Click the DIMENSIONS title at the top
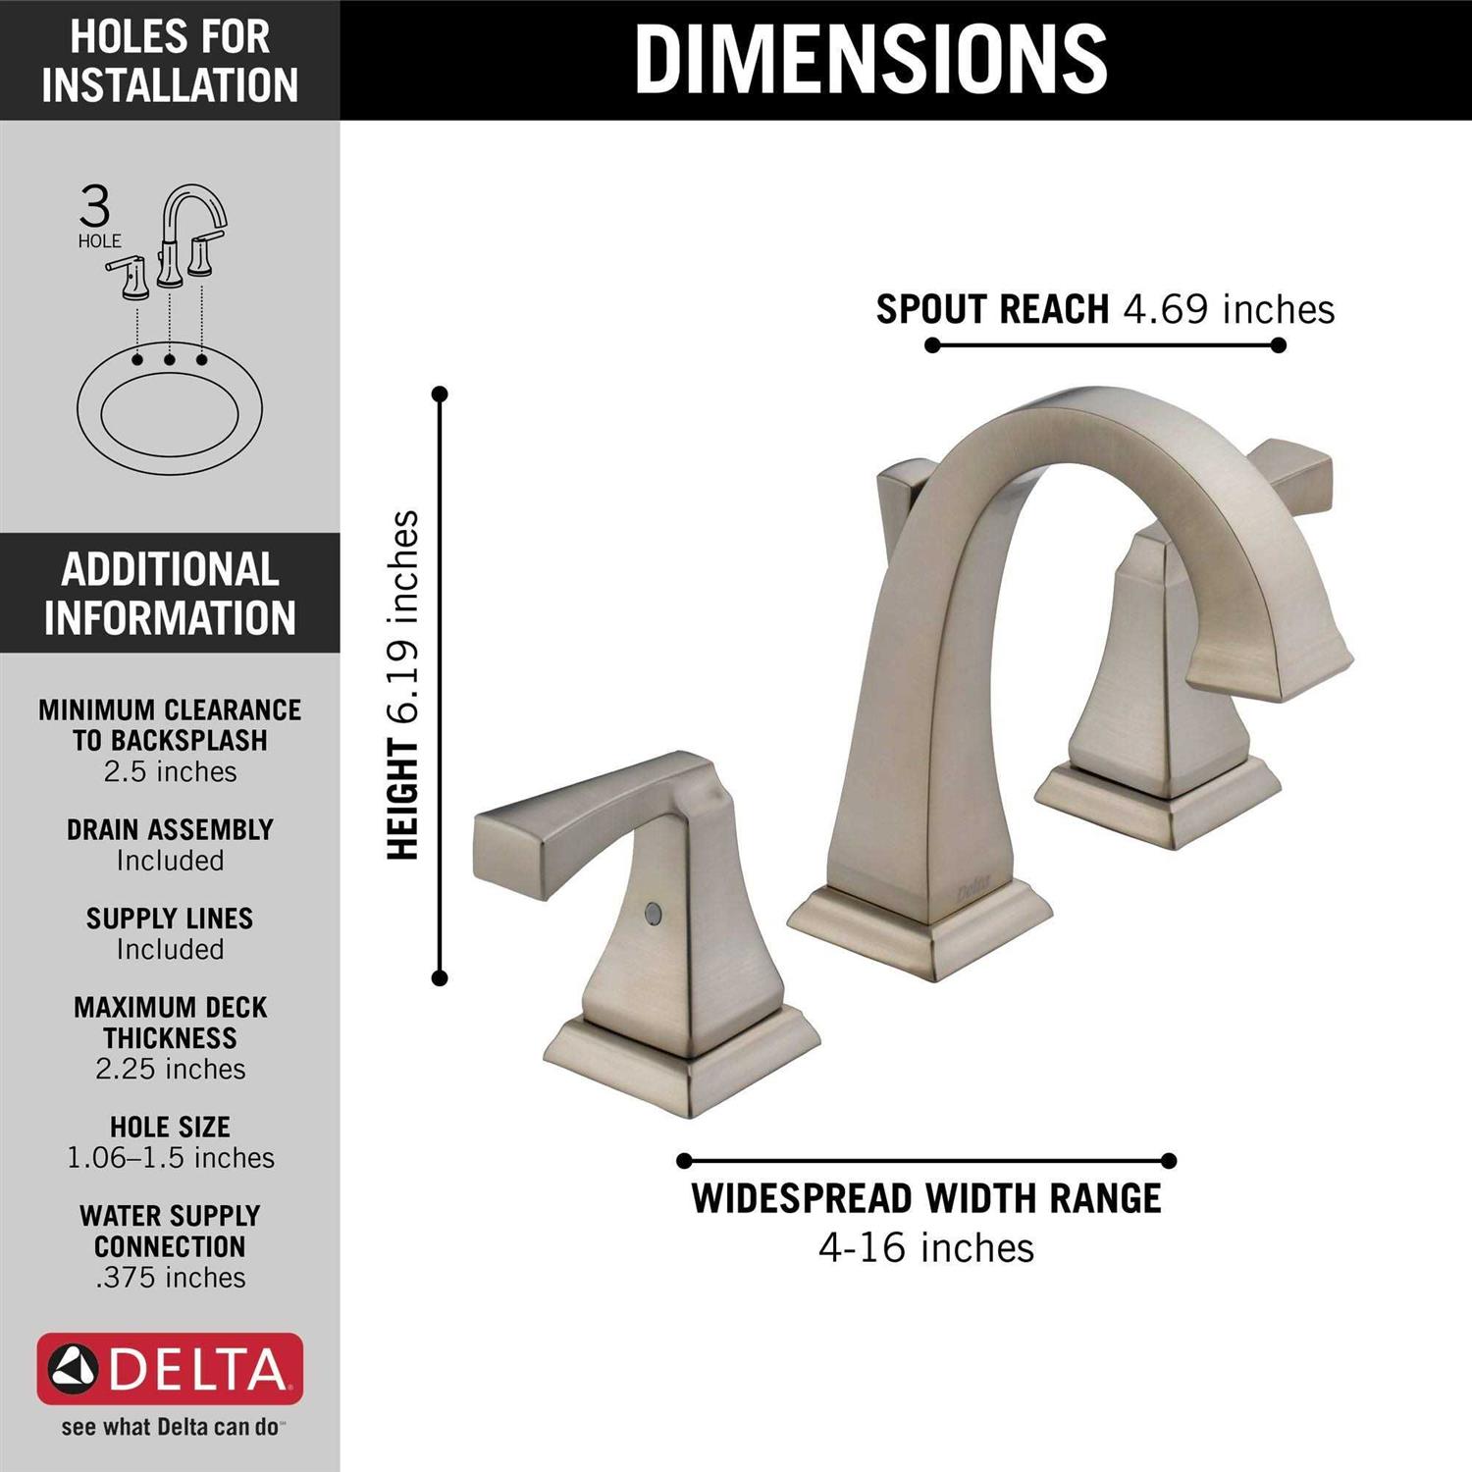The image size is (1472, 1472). coord(870,59)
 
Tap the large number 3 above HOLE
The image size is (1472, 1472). coord(95,207)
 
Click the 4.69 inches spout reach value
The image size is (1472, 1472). coord(1229,309)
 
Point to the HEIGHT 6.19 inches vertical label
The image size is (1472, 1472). coord(403,686)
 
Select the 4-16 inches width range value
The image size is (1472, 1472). coord(926,1248)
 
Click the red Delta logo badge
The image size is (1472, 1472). coord(170,1369)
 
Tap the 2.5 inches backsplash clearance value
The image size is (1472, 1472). coord(170,772)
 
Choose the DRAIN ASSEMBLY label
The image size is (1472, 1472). coord(170,830)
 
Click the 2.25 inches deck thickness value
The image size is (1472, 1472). coord(170,1069)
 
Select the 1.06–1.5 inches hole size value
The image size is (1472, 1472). coord(170,1158)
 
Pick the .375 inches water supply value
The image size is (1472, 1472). coord(170,1278)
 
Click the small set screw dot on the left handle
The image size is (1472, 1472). coord(652,915)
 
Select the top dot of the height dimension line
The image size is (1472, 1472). coord(440,394)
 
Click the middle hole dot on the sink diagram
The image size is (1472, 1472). coord(170,360)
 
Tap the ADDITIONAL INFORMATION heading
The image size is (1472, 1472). coord(170,594)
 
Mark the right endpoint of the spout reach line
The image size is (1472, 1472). coord(1278,345)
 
